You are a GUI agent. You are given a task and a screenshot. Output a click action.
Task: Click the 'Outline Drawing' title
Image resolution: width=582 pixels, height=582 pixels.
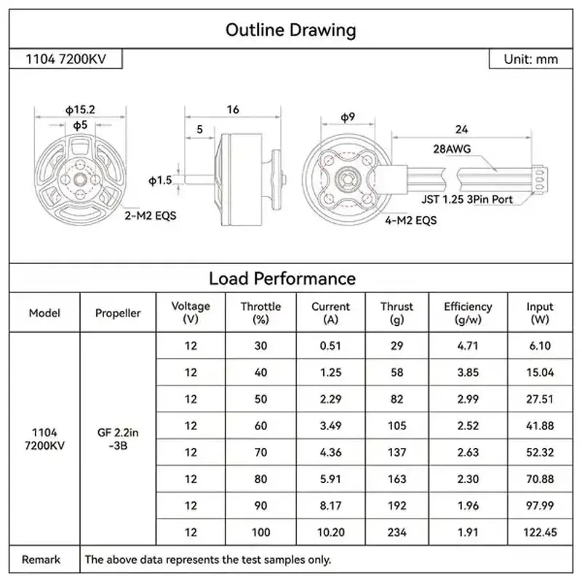[290, 30]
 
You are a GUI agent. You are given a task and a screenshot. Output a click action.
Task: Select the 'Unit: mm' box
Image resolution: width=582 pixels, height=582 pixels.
[531, 59]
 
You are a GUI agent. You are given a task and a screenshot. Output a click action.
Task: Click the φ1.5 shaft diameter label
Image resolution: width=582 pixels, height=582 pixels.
[160, 180]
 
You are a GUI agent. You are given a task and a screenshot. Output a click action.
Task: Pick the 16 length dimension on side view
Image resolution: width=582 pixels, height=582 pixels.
[233, 109]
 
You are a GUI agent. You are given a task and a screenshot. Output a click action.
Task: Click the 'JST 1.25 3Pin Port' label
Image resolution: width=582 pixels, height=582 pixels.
[466, 199]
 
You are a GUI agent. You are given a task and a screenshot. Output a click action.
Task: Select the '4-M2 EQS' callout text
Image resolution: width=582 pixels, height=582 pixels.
[411, 218]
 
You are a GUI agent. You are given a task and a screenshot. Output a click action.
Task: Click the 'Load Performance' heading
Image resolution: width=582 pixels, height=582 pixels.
[282, 278]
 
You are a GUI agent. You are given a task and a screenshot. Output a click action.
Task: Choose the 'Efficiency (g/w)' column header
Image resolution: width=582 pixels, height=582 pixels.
[468, 313]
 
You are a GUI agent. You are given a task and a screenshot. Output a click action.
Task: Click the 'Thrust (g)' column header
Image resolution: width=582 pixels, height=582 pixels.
[396, 313]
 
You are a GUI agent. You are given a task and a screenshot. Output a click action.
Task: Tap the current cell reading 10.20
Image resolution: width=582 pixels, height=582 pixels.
[330, 533]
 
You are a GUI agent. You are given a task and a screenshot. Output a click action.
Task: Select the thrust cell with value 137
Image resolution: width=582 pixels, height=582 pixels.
[396, 453]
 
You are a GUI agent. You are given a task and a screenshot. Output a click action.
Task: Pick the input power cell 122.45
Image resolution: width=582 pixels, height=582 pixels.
[540, 533]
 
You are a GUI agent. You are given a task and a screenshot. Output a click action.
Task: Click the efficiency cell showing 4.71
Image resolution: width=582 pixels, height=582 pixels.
[468, 346]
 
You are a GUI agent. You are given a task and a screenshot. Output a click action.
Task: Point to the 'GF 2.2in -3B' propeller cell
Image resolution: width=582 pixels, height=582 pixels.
[117, 439]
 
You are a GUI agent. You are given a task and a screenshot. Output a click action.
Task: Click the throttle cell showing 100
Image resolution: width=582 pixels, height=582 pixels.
[260, 533]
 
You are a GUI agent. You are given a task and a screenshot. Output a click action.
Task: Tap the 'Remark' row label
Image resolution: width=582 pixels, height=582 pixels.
[41, 559]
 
